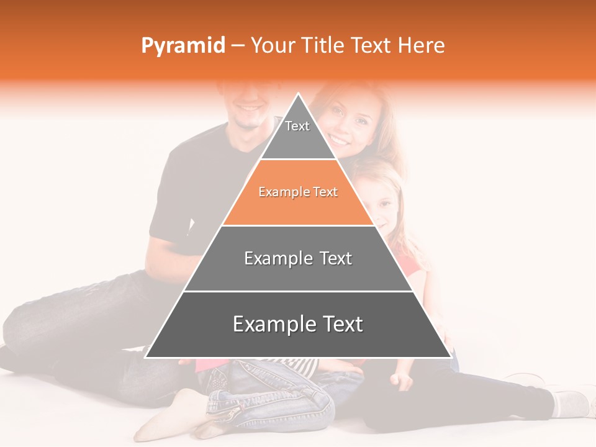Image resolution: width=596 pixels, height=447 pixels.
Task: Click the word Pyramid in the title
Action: [x=183, y=46]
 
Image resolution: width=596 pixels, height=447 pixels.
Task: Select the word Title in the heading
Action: [x=324, y=46]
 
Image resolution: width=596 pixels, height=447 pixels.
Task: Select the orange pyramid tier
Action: [x=298, y=192]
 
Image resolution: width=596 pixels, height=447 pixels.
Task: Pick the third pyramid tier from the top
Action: [x=298, y=258]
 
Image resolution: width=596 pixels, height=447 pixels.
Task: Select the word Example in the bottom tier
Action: [x=268, y=325]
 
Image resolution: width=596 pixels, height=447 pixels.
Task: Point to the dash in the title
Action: [x=238, y=46]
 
